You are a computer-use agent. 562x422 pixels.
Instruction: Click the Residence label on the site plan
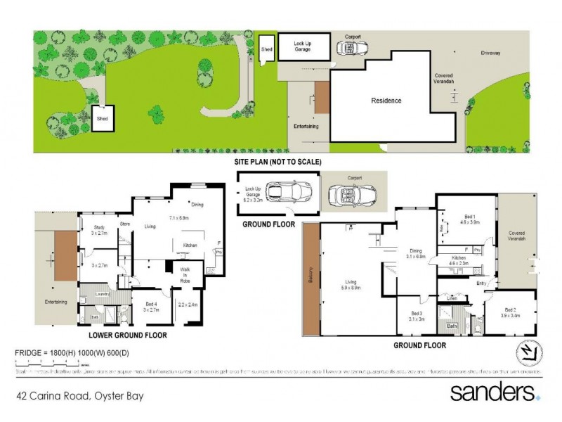pyautogui.click(x=386, y=101)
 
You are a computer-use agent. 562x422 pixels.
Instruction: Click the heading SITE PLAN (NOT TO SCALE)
pyautogui.click(x=277, y=162)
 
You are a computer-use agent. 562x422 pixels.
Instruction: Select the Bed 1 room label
pyautogui.click(x=464, y=218)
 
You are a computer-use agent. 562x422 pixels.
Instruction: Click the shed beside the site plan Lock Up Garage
pyautogui.click(x=267, y=50)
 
